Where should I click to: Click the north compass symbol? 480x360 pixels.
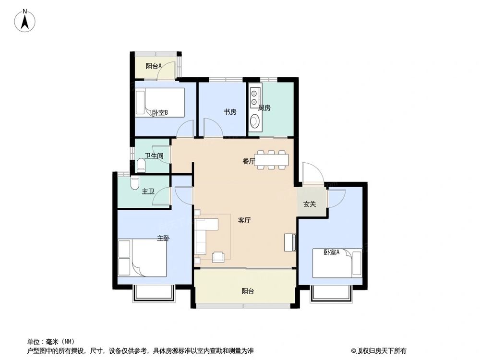(x=26, y=21)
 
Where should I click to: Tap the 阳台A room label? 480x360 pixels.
(x=153, y=66)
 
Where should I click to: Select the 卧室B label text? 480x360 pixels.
(x=160, y=113)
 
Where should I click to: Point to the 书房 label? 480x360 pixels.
(x=229, y=112)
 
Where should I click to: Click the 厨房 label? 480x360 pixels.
(x=264, y=108)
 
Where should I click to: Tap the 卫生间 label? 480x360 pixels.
(x=154, y=156)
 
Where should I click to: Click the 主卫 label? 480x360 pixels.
(x=148, y=192)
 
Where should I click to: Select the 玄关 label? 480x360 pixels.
(x=310, y=204)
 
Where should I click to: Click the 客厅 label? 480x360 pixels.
(x=245, y=221)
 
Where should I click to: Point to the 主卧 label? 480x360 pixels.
(x=163, y=238)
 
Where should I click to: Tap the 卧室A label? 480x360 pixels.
(x=331, y=252)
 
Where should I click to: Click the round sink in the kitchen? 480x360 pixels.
(x=254, y=122)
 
